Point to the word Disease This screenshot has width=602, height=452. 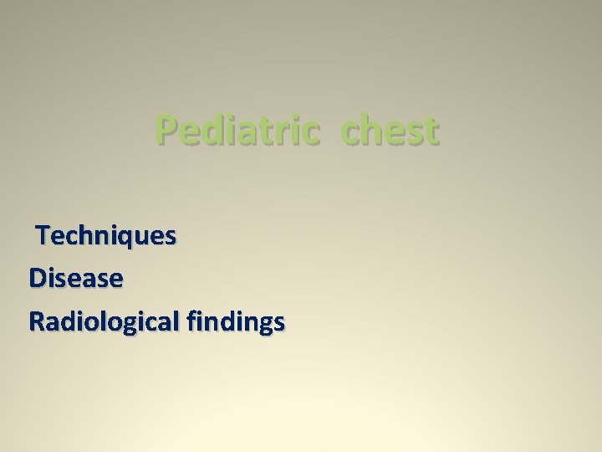click(76, 279)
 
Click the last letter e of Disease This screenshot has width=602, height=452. click(116, 280)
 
